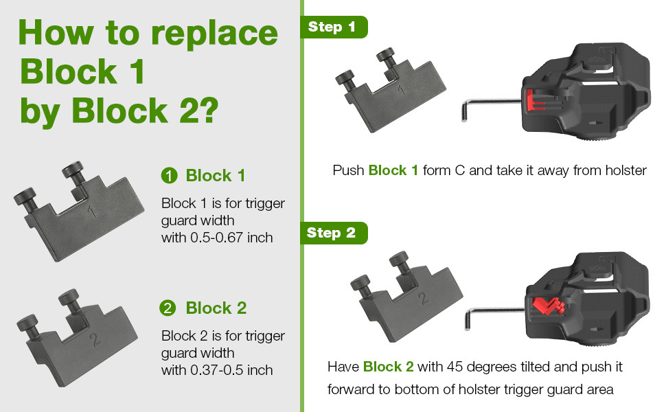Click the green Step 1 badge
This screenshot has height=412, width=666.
334,27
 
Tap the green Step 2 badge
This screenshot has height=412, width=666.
334,233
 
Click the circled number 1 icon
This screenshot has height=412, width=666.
169,175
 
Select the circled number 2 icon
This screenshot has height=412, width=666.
168,308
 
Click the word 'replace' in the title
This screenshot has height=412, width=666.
214,34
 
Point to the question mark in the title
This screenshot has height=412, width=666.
207,110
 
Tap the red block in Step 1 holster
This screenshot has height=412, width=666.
535,100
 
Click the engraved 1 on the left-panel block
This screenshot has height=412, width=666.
91,211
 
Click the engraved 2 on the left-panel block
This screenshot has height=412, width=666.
95,339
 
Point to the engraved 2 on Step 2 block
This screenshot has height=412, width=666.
423,298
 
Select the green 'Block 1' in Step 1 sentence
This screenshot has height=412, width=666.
393,170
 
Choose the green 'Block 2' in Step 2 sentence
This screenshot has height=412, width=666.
388,367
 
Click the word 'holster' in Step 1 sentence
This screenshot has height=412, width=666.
625,170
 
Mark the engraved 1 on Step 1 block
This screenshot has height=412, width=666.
402,90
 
